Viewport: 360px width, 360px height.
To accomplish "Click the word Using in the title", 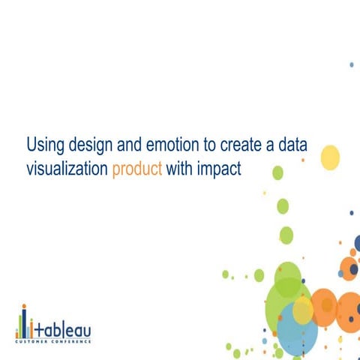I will tap(43, 144).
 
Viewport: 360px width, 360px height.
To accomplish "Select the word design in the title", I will tap(87, 144).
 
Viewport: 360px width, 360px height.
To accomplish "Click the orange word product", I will tap(137, 169).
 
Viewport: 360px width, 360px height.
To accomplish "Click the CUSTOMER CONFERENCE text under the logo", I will tap(54, 341).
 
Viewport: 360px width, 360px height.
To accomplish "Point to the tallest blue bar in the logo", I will tap(25, 324).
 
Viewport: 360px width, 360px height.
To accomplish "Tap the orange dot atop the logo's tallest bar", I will tap(25, 307).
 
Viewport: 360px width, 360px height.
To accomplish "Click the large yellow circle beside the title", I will tap(330, 157).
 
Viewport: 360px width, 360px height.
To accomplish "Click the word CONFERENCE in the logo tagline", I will tap(73, 341).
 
